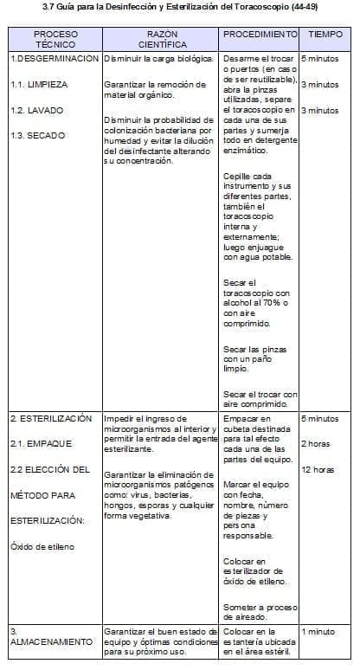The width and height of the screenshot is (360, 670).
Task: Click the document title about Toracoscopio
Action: click(179, 8)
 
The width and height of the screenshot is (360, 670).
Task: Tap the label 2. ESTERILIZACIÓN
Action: click(50, 418)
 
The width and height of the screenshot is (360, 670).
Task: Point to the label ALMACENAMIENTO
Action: click(51, 642)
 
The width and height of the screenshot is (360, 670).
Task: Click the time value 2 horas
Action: click(315, 444)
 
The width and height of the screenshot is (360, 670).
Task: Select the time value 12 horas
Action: click(318, 470)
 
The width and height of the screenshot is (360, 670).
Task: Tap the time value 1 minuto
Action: click(318, 632)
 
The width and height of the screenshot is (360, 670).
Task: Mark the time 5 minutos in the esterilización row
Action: click(320, 418)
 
